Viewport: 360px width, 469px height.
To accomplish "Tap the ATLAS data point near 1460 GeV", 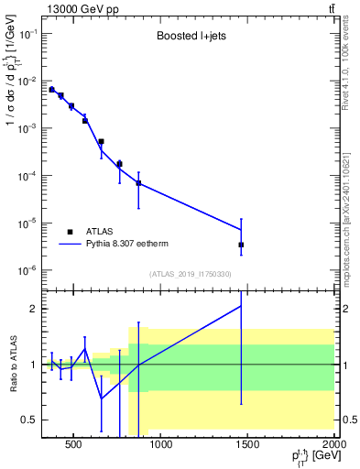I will pos(241,245).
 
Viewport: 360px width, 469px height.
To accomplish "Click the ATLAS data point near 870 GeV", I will pos(138,183).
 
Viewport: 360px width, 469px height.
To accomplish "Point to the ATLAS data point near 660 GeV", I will pos(101,142).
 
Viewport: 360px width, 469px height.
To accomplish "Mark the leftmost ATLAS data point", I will pos(51,89).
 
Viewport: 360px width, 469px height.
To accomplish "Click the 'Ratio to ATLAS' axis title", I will pos(14,365).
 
